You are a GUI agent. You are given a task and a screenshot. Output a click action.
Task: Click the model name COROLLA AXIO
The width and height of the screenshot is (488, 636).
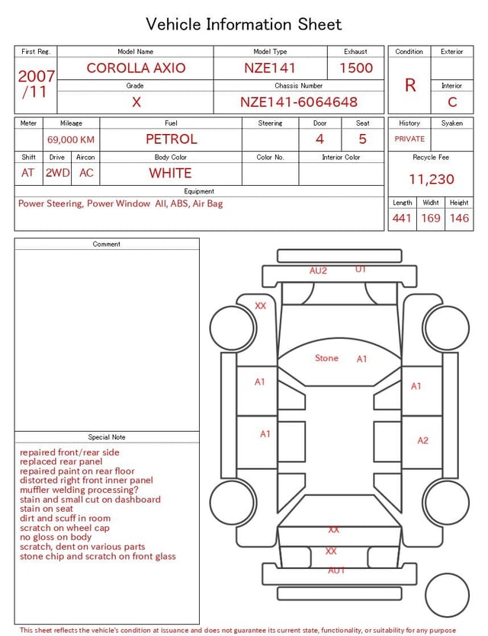pyautogui.click(x=136, y=68)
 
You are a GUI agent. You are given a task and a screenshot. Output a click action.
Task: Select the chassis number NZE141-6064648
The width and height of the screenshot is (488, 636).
pyautogui.click(x=299, y=102)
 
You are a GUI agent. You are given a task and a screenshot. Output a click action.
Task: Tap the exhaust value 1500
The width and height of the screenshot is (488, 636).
pyautogui.click(x=356, y=68)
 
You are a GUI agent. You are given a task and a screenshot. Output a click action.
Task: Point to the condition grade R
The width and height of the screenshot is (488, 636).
pyautogui.click(x=410, y=85)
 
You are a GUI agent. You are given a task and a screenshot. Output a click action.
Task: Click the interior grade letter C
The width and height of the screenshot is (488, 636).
pyautogui.click(x=452, y=102)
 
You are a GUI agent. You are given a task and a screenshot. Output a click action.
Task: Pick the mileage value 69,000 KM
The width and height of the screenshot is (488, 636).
pyautogui.click(x=71, y=140)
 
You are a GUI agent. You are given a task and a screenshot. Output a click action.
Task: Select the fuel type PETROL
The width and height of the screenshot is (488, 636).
pyautogui.click(x=172, y=139)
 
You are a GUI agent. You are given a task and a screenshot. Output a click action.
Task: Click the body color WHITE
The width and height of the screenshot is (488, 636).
pyautogui.click(x=170, y=173)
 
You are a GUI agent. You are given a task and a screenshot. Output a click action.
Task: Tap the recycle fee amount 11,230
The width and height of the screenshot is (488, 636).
pyautogui.click(x=431, y=179)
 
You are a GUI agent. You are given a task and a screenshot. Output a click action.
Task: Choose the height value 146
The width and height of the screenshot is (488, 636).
pyautogui.click(x=459, y=218)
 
